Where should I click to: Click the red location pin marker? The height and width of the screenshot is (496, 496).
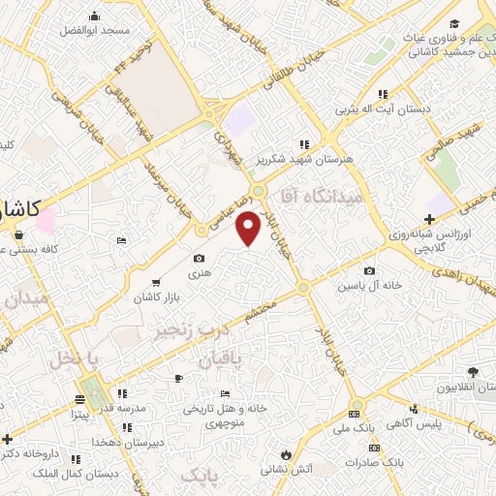click(249, 228)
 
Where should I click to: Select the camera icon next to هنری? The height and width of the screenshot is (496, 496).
click(199, 259)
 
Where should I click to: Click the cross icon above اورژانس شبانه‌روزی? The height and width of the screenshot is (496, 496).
click(429, 219)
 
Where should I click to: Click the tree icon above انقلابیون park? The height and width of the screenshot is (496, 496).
click(473, 372)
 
